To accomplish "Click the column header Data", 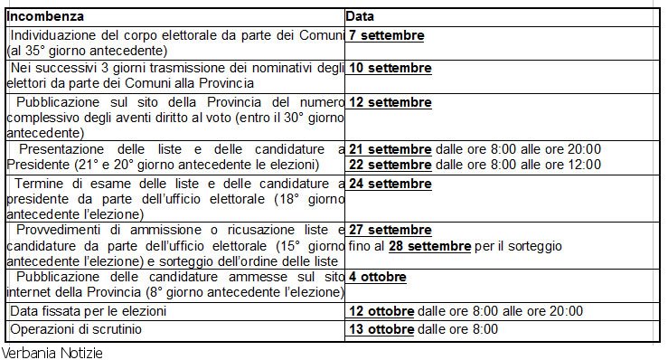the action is [x=361, y=17].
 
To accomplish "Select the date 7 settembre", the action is [x=387, y=36].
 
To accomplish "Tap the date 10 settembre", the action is [x=390, y=68].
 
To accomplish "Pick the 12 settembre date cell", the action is [x=390, y=100].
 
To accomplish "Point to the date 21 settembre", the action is [x=390, y=149].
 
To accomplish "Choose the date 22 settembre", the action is [x=390, y=164].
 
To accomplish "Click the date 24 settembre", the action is [x=390, y=184].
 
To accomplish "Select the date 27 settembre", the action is [x=390, y=231].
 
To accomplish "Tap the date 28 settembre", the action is [x=429, y=246].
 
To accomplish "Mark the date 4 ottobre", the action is [x=377, y=278].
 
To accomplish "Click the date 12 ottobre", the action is [x=381, y=310].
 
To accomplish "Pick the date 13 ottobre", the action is [x=381, y=329].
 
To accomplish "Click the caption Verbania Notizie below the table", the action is [x=52, y=352].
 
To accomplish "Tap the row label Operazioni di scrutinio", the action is [x=76, y=329].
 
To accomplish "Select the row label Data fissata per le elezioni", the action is [x=89, y=310].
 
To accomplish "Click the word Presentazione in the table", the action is [x=62, y=149].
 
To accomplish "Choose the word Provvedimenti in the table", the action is [x=61, y=231].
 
